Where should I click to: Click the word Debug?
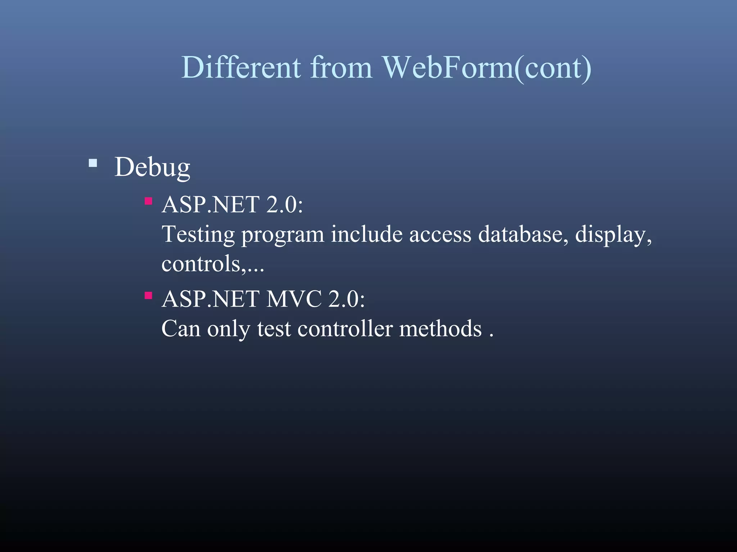click(x=152, y=167)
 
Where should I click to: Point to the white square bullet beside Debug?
click(x=93, y=164)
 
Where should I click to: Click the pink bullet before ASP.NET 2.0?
click(x=148, y=201)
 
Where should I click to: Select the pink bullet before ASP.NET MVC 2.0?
click(x=148, y=295)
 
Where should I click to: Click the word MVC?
click(x=293, y=299)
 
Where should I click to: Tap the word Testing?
click(x=198, y=235)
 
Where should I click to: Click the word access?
click(x=440, y=235)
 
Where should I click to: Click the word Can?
click(x=181, y=328)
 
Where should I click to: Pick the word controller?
click(x=345, y=328)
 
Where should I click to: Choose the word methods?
click(x=440, y=328)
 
